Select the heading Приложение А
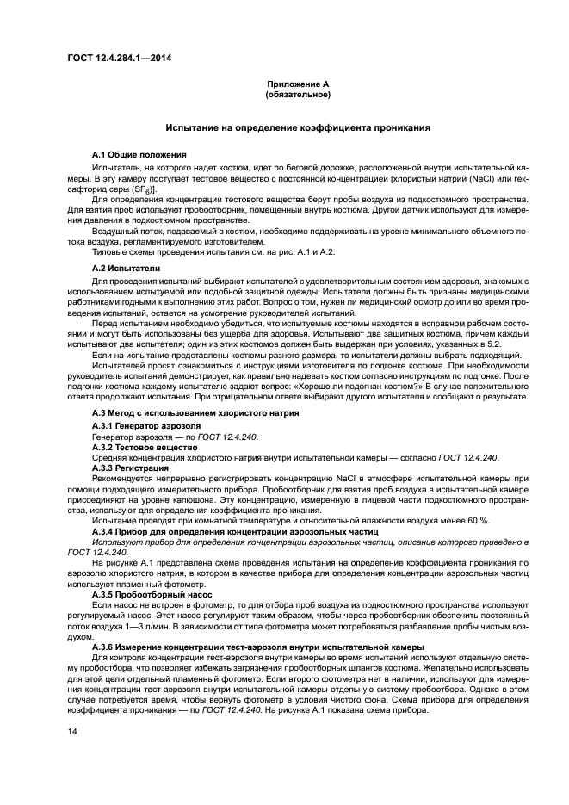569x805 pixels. pos(299,84)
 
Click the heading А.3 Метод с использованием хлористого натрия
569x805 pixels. pos(195,412)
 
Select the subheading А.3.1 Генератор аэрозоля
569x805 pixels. pos(146,424)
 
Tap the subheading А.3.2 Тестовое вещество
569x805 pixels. pos(145,447)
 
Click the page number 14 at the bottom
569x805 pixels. pos(72,731)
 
